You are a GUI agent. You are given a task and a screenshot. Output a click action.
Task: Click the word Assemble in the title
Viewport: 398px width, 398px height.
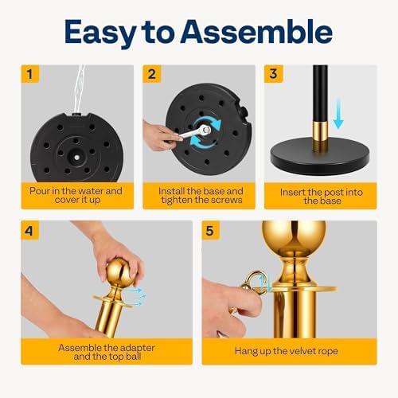pos(256,32)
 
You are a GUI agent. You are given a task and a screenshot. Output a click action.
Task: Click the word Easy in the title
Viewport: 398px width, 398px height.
pos(99,33)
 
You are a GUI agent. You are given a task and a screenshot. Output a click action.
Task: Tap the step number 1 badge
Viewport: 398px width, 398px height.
pos(30,74)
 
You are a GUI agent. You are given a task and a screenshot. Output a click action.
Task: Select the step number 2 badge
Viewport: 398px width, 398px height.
pos(152,74)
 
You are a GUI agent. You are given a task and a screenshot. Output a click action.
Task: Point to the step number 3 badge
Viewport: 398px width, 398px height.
pos(273,74)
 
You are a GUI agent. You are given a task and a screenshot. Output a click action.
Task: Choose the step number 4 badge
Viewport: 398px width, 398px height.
pos(29,230)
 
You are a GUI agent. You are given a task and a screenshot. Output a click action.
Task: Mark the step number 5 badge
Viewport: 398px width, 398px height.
pos(211,230)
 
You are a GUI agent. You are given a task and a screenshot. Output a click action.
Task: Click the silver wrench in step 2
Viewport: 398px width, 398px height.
pos(195,132)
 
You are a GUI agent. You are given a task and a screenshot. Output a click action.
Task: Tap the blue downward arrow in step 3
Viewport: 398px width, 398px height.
pos(338,114)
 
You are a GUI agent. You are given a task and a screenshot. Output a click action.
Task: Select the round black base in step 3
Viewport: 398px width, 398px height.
pos(320,156)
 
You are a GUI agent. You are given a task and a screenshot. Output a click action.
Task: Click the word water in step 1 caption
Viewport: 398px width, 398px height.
pos(91,191)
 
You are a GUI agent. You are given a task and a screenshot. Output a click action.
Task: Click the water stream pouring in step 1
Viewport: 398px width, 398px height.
pos(80,89)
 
